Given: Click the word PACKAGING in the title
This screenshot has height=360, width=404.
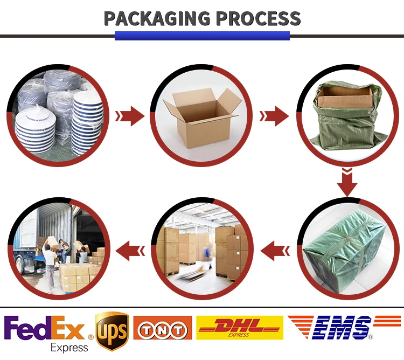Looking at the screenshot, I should point(157,18).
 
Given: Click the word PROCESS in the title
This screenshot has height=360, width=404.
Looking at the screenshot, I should point(259,18).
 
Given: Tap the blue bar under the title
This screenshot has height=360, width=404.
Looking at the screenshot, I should point(202,36).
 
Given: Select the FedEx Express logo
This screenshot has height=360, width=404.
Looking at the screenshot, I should point(47,330).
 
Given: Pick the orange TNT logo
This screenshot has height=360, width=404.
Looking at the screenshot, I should point(162,328).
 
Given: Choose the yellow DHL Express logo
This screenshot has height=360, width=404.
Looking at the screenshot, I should point(239,327).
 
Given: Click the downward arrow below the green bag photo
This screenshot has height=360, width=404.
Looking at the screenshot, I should point(347,182).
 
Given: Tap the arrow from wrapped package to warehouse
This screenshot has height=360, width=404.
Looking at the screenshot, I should point(275,250).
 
